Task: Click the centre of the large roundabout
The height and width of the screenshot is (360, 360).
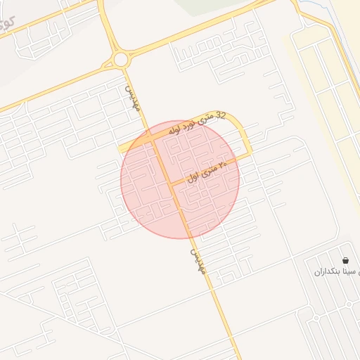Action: click(x=120, y=59)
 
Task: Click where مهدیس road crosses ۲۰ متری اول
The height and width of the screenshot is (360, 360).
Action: click(x=169, y=184)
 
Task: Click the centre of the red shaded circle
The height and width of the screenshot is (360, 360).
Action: click(x=180, y=179)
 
